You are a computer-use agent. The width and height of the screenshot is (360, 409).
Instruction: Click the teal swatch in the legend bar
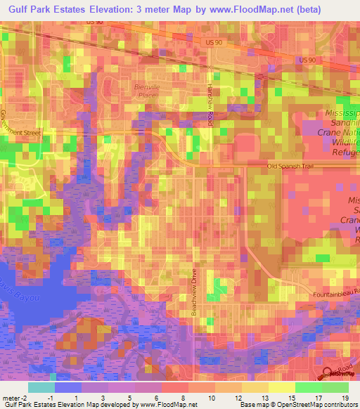pyautogui.click(x=41, y=387)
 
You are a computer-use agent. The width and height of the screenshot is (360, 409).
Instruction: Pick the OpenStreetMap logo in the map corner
pyautogui.click(x=327, y=373)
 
